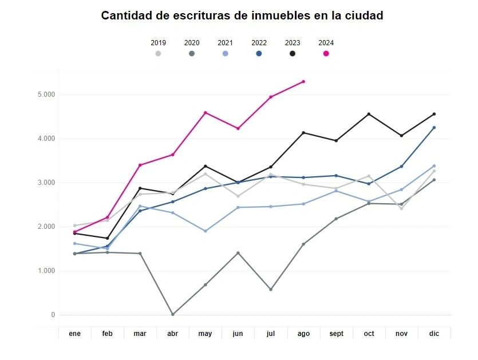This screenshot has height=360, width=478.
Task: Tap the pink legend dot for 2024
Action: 326,53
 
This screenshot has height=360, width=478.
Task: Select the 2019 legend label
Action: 158,42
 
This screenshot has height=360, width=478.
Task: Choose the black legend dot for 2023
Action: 293,53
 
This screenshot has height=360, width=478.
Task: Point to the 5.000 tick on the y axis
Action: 45,94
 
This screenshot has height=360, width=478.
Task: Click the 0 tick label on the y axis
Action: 52,315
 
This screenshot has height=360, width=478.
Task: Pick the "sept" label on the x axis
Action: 336,333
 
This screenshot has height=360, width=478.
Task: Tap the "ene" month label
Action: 74,333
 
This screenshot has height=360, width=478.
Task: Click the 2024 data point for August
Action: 303,81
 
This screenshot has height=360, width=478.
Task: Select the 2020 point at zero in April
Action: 172,314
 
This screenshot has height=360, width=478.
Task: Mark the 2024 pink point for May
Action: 206,113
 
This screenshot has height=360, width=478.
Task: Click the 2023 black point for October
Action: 369,114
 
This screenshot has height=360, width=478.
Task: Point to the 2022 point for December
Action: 434,128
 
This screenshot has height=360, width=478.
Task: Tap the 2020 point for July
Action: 271,290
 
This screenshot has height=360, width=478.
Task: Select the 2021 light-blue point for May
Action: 206,231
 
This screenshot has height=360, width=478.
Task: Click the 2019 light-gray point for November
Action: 401,208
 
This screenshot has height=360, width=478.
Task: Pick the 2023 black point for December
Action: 434,114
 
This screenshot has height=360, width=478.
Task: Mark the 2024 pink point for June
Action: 238,129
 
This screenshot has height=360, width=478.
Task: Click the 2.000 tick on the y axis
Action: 45,227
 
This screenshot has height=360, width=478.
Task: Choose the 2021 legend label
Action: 225,42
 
